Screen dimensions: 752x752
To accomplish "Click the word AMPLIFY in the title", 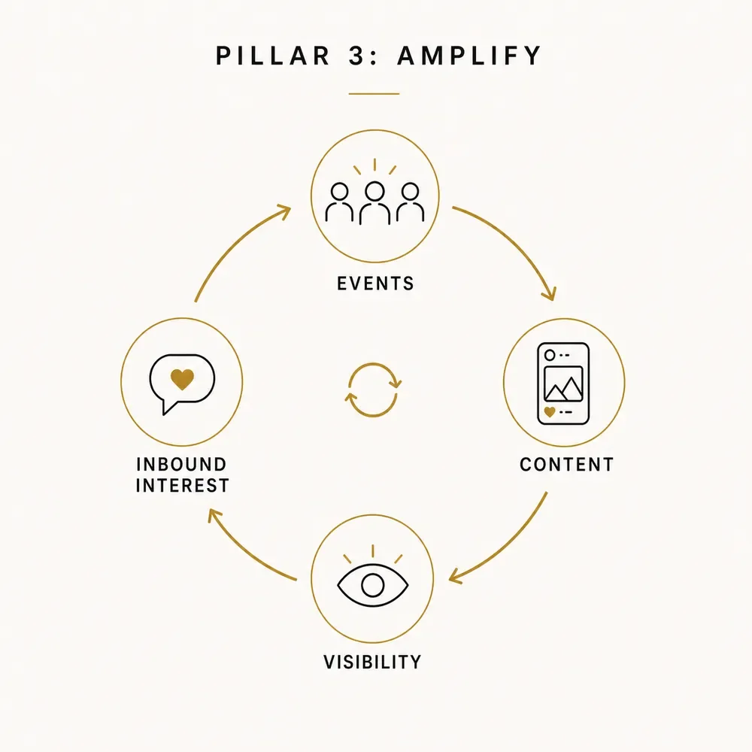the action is click(x=469, y=56).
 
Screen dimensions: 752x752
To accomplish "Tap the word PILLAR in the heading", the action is click(x=272, y=56).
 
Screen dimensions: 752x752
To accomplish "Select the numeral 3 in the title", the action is click(x=356, y=56).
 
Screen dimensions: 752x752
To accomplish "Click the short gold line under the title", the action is click(x=374, y=93).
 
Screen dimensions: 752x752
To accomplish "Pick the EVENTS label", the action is click(x=375, y=284).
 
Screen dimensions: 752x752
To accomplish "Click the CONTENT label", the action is click(x=566, y=464).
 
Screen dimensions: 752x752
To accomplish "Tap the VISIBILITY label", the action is click(x=373, y=663).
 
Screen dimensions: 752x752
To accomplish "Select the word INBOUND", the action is click(x=181, y=464).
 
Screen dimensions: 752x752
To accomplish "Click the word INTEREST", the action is click(x=182, y=485).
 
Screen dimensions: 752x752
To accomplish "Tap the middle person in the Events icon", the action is click(x=374, y=203).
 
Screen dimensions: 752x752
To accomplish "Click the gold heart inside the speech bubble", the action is click(x=182, y=379).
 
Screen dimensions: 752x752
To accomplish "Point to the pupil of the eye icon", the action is click(x=373, y=586).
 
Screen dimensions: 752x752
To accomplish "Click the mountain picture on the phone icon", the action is click(x=563, y=384).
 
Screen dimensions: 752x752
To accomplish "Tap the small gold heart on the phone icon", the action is click(x=550, y=411).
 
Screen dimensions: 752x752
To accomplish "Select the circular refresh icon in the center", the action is click(x=373, y=390).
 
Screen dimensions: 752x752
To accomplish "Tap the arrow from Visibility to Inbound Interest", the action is click(x=244, y=553).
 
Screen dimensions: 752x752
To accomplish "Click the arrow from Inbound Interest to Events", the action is click(x=234, y=244).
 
